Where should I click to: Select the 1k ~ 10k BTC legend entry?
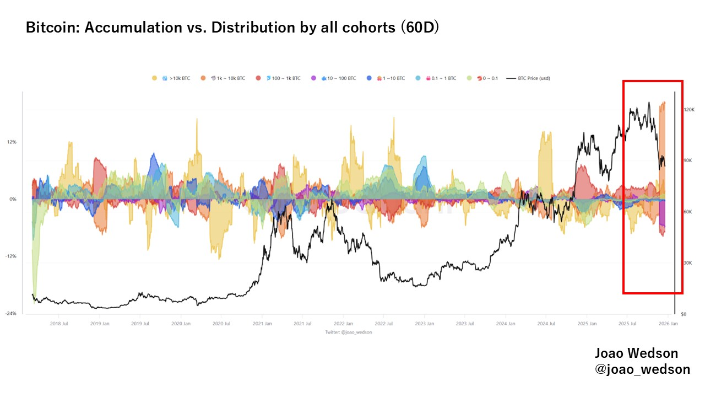pyautogui.click(x=227, y=78)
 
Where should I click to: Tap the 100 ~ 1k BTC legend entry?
pyautogui.click(x=283, y=78)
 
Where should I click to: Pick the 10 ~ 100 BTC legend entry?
pyautogui.click(x=338, y=78)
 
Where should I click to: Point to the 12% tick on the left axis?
pyautogui.click(x=12, y=142)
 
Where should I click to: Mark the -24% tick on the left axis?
pyautogui.click(x=11, y=314)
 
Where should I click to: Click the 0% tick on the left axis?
pyautogui.click(x=13, y=199)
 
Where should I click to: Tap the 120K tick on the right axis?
pyautogui.click(x=689, y=110)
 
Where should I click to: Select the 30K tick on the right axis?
pyautogui.click(x=688, y=263)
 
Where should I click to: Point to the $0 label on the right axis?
pyautogui.click(x=684, y=314)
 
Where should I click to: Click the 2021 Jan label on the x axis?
pyautogui.click(x=262, y=324)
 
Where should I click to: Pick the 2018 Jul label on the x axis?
pyautogui.click(x=59, y=324)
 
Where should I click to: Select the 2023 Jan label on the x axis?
pyautogui.click(x=425, y=324)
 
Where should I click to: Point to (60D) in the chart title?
pyautogui.click(x=419, y=28)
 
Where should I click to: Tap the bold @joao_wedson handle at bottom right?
pyautogui.click(x=642, y=369)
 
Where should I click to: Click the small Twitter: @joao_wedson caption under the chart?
pyautogui.click(x=349, y=332)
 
